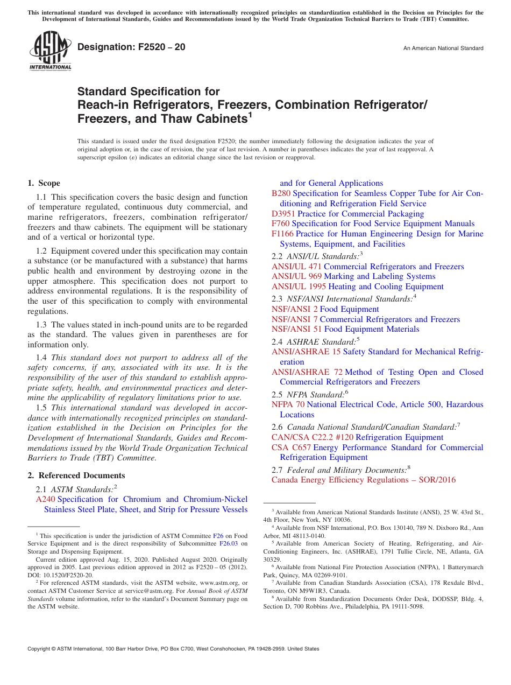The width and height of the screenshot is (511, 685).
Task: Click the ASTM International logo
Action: (x=50, y=51)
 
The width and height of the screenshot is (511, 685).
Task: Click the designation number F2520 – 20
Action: (x=131, y=47)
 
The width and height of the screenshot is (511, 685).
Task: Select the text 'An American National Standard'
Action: (x=443, y=48)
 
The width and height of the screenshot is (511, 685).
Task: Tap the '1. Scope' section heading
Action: (x=44, y=183)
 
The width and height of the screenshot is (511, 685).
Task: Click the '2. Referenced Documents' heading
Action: (x=76, y=476)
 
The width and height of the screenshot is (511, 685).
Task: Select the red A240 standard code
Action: (x=45, y=499)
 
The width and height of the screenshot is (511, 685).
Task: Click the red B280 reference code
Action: (x=281, y=193)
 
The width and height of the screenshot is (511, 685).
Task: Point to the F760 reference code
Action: (x=280, y=223)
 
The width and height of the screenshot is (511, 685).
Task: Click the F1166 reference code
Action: (x=282, y=234)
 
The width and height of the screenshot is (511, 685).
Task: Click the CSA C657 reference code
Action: (x=291, y=448)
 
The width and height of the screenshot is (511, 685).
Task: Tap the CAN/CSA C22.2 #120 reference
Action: (x=312, y=437)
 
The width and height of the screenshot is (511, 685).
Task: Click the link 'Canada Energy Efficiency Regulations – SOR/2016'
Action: (x=363, y=480)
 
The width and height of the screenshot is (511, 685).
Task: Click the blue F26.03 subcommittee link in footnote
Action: (x=229, y=543)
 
